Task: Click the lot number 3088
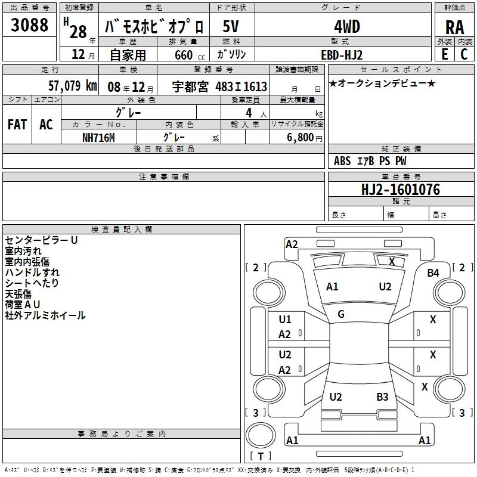pyautogui.click(x=29, y=25)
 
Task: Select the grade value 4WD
pyautogui.click(x=347, y=27)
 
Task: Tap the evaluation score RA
pyautogui.click(x=455, y=27)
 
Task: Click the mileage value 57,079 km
pyautogui.click(x=73, y=86)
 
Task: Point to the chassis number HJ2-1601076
pyautogui.click(x=401, y=190)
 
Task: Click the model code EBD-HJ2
pyautogui.click(x=342, y=55)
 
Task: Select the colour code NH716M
pyautogui.click(x=98, y=138)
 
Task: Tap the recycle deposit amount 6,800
pyautogui.click(x=301, y=137)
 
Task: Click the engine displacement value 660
pyautogui.click(x=184, y=55)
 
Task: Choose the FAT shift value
pyautogui.click(x=17, y=125)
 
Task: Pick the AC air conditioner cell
pyautogui.click(x=46, y=125)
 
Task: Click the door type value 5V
pyautogui.click(x=231, y=26)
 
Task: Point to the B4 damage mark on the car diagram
pyautogui.click(x=433, y=273)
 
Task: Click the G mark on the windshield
pyautogui.click(x=341, y=314)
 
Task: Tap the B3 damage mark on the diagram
pyautogui.click(x=382, y=397)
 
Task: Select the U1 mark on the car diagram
pyautogui.click(x=285, y=320)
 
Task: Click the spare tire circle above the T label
pyautogui.click(x=261, y=435)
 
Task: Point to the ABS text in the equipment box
pyautogui.click(x=342, y=161)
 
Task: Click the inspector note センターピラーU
pyautogui.click(x=41, y=240)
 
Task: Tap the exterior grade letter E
pyautogui.click(x=445, y=54)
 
